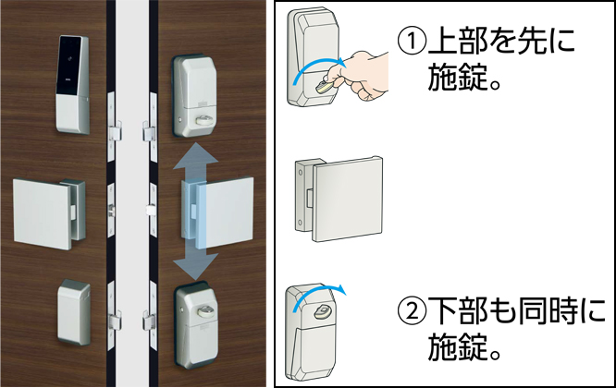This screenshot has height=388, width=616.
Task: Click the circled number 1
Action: pos(412,42)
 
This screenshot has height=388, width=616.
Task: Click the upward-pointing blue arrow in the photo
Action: pos(196,162)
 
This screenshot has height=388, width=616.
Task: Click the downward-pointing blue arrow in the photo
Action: pos(196,262)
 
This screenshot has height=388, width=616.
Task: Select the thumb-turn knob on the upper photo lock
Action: pos(202,120)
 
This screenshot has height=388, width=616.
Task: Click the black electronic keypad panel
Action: pos(69,65)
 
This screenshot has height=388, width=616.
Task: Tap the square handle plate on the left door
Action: pos(43,212)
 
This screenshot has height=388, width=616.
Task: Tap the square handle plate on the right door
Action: pos(225,212)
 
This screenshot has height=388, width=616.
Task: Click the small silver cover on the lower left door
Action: pos(74,312)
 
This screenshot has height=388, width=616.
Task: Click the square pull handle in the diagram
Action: pos(348,199)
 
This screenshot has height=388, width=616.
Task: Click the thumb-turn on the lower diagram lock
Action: pos(322,312)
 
